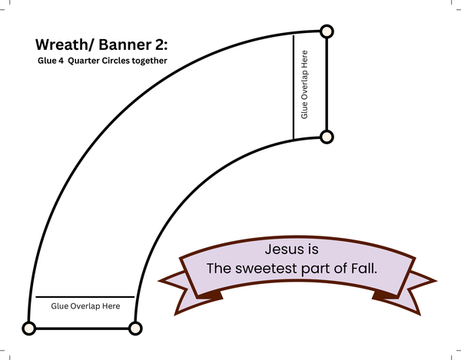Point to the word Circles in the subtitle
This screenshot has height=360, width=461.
coord(121,61)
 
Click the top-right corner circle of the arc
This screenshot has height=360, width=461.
coord(327,31)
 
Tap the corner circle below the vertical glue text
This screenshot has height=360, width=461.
coord(327,137)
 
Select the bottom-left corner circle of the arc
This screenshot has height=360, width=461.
coord(29,329)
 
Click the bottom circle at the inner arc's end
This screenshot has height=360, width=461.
coord(135,329)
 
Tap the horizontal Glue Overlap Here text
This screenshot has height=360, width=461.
coord(85,306)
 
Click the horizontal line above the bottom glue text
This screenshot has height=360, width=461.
coord(85,296)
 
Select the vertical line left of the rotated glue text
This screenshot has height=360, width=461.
coord(294,87)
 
